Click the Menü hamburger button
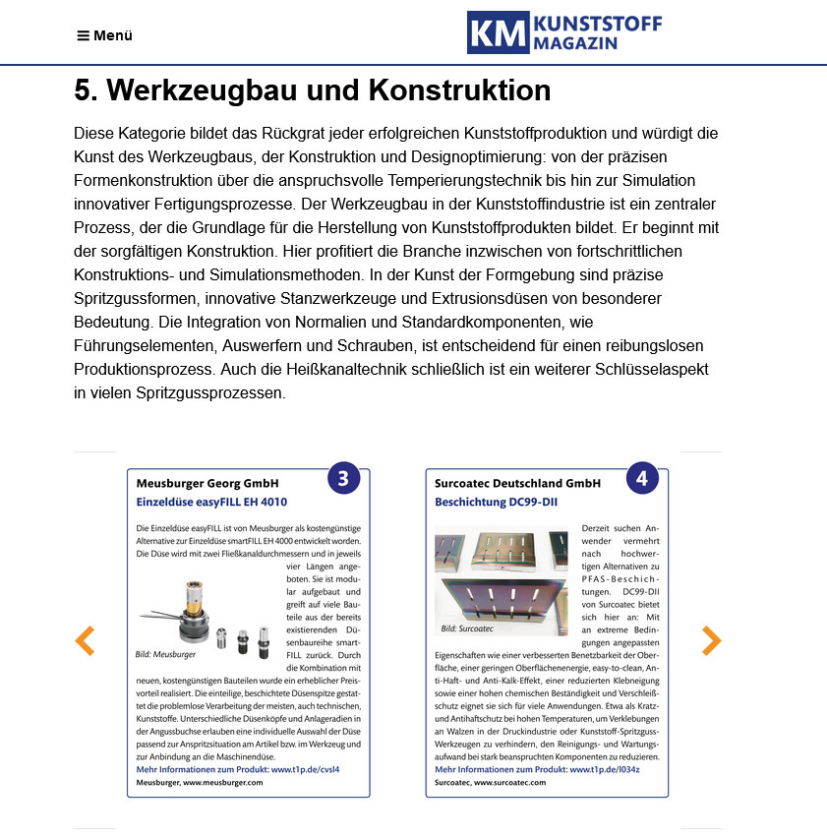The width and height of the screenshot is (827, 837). [x=104, y=36]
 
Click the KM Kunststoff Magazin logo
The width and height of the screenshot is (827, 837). [x=563, y=32]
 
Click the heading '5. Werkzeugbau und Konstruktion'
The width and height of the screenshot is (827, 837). [x=312, y=90]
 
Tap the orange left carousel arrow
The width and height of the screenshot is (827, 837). [x=86, y=641]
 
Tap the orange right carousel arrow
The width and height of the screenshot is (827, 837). [x=711, y=641]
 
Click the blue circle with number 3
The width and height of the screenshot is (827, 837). [x=343, y=479]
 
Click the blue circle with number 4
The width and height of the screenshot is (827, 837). [x=642, y=479]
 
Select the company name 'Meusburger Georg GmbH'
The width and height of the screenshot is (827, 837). [x=207, y=484]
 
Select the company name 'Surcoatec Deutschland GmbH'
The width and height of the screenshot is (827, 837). [x=517, y=484]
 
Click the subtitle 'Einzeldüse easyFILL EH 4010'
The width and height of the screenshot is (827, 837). [x=211, y=502]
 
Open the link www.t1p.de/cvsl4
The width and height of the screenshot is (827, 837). [x=305, y=769]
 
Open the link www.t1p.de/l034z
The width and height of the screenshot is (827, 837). [x=603, y=769]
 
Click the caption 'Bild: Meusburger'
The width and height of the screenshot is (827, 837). [x=165, y=654]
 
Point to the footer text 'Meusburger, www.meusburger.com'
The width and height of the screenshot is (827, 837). [x=200, y=782]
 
